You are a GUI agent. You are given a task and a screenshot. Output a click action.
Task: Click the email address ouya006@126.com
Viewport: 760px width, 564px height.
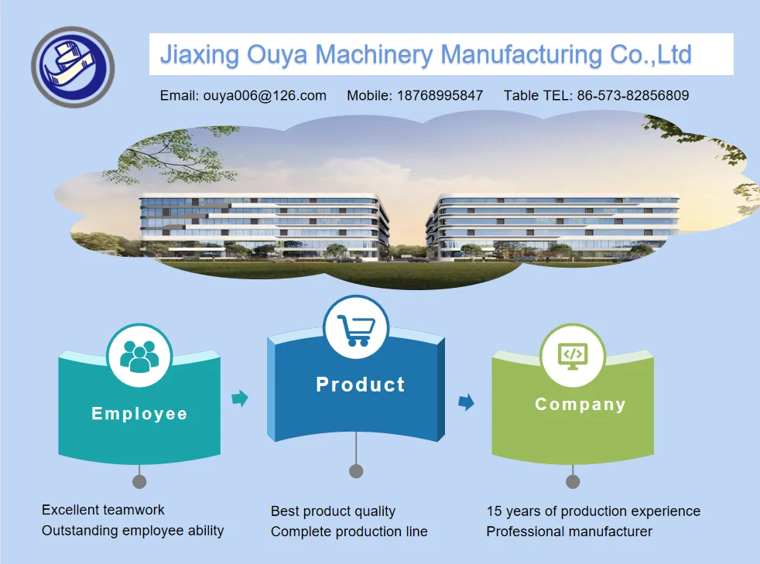[265, 96]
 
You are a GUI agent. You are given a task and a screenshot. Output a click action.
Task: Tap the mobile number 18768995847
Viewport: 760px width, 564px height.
[440, 96]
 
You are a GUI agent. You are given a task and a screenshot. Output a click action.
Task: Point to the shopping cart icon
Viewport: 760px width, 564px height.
[356, 329]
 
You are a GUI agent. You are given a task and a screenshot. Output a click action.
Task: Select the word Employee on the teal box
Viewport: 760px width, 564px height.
[139, 414]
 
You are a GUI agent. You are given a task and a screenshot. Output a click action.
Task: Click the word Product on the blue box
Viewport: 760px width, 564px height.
[361, 385]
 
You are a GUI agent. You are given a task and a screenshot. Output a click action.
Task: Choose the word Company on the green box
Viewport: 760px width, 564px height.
[580, 405]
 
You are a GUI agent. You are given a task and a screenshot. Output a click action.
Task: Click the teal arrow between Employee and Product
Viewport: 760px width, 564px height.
[241, 398]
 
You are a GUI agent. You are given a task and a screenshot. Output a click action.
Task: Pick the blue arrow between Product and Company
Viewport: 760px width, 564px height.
[466, 402]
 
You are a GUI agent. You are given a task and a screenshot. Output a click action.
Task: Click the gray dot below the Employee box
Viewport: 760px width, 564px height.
[139, 481]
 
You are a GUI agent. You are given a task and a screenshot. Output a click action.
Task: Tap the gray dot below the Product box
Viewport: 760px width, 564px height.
[356, 470]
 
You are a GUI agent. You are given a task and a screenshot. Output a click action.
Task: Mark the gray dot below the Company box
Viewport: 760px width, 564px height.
[573, 481]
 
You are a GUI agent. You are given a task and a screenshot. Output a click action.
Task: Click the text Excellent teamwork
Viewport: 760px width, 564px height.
[103, 510]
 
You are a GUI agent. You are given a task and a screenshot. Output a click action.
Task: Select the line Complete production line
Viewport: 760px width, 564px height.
[349, 532]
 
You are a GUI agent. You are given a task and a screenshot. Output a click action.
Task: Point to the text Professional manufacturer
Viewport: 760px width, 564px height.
[569, 532]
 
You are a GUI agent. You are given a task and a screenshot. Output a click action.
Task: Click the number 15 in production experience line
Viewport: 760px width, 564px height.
[494, 511]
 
